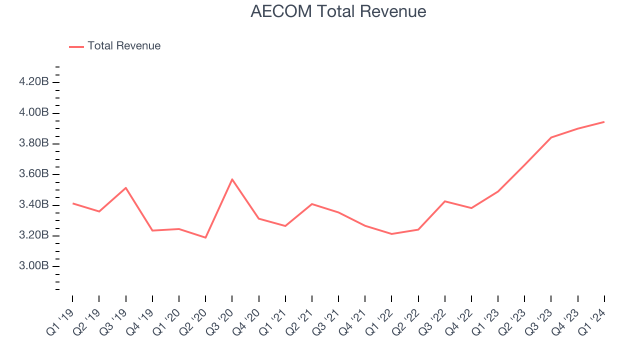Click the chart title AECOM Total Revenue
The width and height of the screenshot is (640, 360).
pos(338,11)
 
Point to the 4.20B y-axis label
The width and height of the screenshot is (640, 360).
pos(33,82)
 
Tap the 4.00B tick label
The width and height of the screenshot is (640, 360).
pos(33,112)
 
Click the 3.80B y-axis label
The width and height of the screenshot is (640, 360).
pos(33,143)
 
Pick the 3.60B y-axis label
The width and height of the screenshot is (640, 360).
pos(33,174)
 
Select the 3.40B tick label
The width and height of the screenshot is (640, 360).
pos(33,204)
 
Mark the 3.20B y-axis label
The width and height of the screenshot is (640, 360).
pos(33,235)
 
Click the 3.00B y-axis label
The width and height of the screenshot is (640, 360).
pos(33,265)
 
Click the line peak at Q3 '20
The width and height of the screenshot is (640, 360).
pos(232,179)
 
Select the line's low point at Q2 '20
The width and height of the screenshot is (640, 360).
pos(205,237)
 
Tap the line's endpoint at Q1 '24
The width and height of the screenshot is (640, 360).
pos(604,121)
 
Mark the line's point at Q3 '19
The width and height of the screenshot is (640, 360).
pos(125,187)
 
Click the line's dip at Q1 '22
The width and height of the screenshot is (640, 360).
pos(391,234)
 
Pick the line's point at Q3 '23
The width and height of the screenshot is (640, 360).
pos(551,137)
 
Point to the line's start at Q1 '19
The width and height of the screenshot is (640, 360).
pos(72,203)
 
